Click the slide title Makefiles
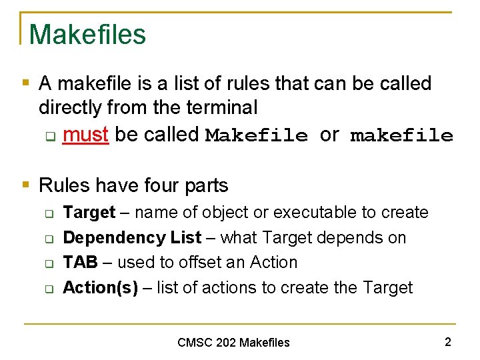(87, 34)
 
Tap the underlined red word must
(85, 135)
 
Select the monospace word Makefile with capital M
(257, 136)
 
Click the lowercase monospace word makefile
(401, 137)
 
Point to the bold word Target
(89, 213)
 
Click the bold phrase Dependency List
(132, 238)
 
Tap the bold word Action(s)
(100, 288)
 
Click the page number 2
(447, 342)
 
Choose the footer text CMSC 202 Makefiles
(233, 343)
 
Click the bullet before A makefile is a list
(25, 83)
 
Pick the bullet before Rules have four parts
(25, 185)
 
